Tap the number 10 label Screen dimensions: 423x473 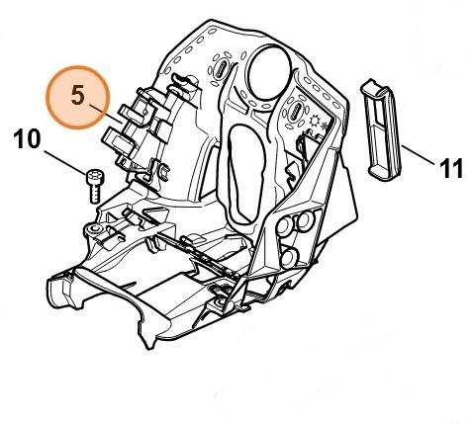pos(29,138)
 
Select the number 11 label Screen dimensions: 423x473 pos(450,168)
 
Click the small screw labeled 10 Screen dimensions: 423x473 pos(94,184)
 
